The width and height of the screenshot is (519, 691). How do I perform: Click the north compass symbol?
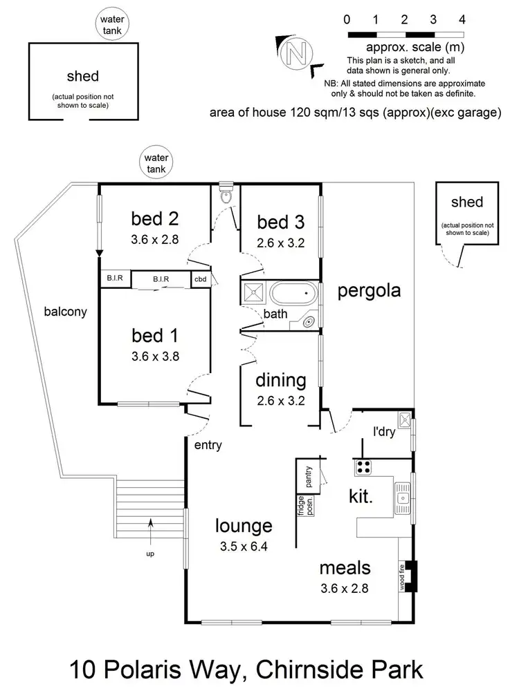[x=298, y=53]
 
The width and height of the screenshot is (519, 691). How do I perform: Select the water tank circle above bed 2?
[x=156, y=162]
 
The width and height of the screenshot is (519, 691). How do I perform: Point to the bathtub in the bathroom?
[x=294, y=293]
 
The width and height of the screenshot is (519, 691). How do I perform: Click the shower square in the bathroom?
[x=253, y=292]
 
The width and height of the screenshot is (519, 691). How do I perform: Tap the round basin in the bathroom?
[x=309, y=321]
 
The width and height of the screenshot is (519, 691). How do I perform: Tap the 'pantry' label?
[x=308, y=477]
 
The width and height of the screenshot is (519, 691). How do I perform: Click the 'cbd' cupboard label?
[x=200, y=279]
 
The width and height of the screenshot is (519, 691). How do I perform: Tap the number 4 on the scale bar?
[x=462, y=19]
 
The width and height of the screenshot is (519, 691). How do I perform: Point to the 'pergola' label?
[x=369, y=291]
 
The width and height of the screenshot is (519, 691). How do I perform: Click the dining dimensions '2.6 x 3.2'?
[x=280, y=399]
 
